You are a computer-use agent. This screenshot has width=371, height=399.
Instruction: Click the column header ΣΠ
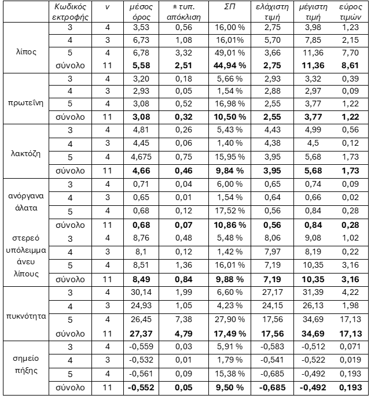(229, 6)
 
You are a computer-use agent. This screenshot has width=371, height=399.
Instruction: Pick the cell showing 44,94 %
(229, 65)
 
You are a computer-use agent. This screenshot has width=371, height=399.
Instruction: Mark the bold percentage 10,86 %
(229, 224)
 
